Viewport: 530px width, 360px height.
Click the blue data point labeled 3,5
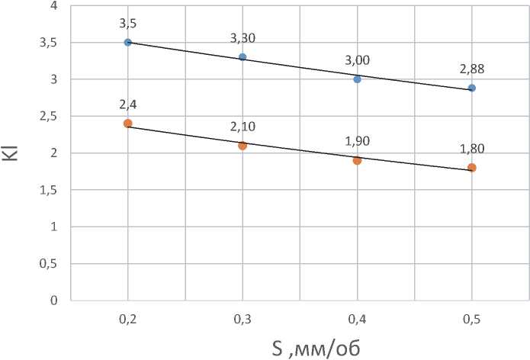point(128,42)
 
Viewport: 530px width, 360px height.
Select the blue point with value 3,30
point(243,57)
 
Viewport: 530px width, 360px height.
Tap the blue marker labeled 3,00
point(357,79)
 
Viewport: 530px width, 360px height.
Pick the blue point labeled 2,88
point(472,88)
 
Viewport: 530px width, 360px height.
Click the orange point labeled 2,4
point(128,123)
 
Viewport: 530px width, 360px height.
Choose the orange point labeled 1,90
point(357,160)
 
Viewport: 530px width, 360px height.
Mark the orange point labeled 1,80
point(472,168)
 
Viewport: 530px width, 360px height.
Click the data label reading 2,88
point(472,69)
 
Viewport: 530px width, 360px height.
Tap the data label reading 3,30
point(243,37)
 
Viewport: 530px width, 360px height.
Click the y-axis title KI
point(15,152)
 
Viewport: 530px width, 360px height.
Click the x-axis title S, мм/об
point(316,348)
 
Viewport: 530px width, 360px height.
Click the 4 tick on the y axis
point(53,6)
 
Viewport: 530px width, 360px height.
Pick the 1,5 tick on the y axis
point(49,190)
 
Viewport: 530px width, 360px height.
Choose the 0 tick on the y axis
point(53,301)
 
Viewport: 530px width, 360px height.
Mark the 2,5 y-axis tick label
point(49,116)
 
